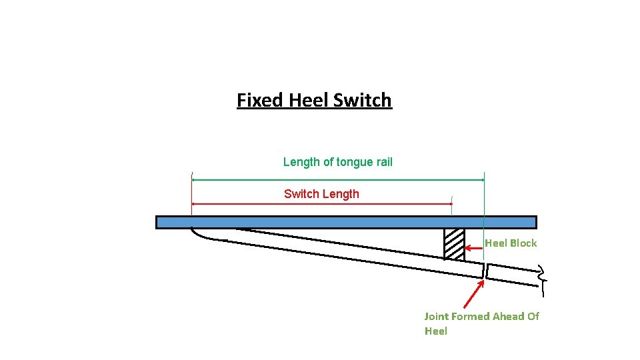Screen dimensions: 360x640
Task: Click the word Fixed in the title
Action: (261, 101)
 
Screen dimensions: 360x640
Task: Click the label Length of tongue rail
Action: (337, 162)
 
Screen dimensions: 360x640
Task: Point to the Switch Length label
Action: (321, 194)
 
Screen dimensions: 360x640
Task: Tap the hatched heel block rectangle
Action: (454, 245)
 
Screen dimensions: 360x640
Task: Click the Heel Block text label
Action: (510, 243)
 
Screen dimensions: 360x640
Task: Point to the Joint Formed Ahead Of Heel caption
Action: (481, 323)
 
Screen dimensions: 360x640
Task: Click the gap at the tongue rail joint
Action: (485, 271)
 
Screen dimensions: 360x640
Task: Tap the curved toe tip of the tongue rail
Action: (194, 233)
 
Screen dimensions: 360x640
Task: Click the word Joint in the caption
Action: (437, 316)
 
